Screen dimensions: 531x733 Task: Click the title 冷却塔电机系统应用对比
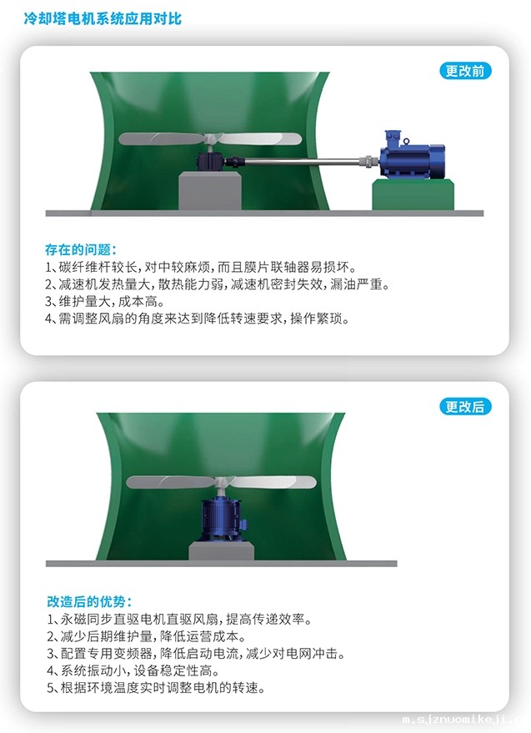click(103, 18)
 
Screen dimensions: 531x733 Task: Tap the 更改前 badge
click(465, 71)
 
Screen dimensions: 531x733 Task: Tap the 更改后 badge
click(465, 407)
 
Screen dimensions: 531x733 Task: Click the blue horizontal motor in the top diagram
click(411, 155)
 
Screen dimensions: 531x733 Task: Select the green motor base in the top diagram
click(413, 195)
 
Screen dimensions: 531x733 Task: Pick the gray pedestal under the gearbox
click(210, 191)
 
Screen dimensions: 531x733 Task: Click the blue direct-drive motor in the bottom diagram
click(221, 520)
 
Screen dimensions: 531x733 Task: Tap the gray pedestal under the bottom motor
click(221, 551)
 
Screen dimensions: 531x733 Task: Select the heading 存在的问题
click(80, 249)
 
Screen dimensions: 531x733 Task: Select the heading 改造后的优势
click(89, 601)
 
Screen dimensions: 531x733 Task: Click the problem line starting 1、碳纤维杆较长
click(201, 268)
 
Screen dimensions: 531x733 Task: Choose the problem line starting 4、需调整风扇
click(198, 319)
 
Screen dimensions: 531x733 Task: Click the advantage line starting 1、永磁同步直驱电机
click(179, 620)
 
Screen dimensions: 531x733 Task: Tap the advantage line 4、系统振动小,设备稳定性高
click(133, 670)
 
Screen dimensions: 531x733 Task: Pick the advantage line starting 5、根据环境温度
click(156, 688)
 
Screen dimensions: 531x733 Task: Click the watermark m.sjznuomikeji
click(466, 720)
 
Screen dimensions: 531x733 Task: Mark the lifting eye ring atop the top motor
click(406, 141)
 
